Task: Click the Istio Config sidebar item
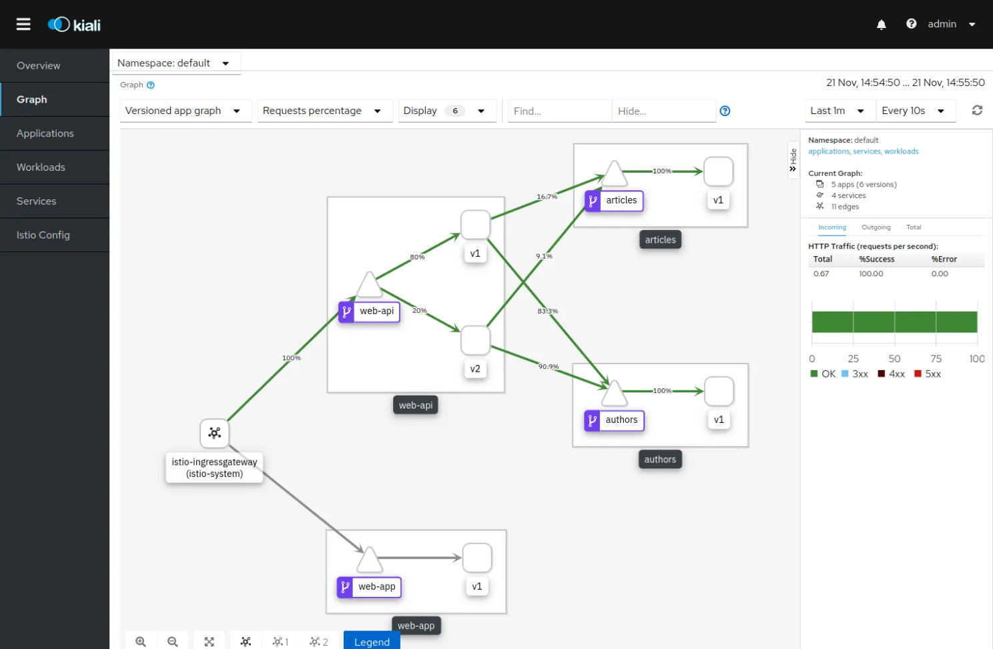[x=43, y=235]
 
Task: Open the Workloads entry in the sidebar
[x=41, y=167]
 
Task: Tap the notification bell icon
[x=882, y=25]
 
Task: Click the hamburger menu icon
[x=23, y=25]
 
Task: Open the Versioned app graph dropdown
[x=183, y=111]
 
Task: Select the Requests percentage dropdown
[x=322, y=111]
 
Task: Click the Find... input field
[x=559, y=111]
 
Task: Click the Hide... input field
[x=663, y=111]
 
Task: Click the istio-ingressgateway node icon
[x=215, y=433]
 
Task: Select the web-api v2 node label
[x=475, y=369]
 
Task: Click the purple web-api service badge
[x=346, y=311]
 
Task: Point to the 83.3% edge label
[x=547, y=311]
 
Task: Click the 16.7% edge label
[x=547, y=196]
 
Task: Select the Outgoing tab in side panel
[x=876, y=227]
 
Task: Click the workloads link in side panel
[x=901, y=151]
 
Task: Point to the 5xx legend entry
[x=928, y=374]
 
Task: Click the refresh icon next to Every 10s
[x=977, y=110]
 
